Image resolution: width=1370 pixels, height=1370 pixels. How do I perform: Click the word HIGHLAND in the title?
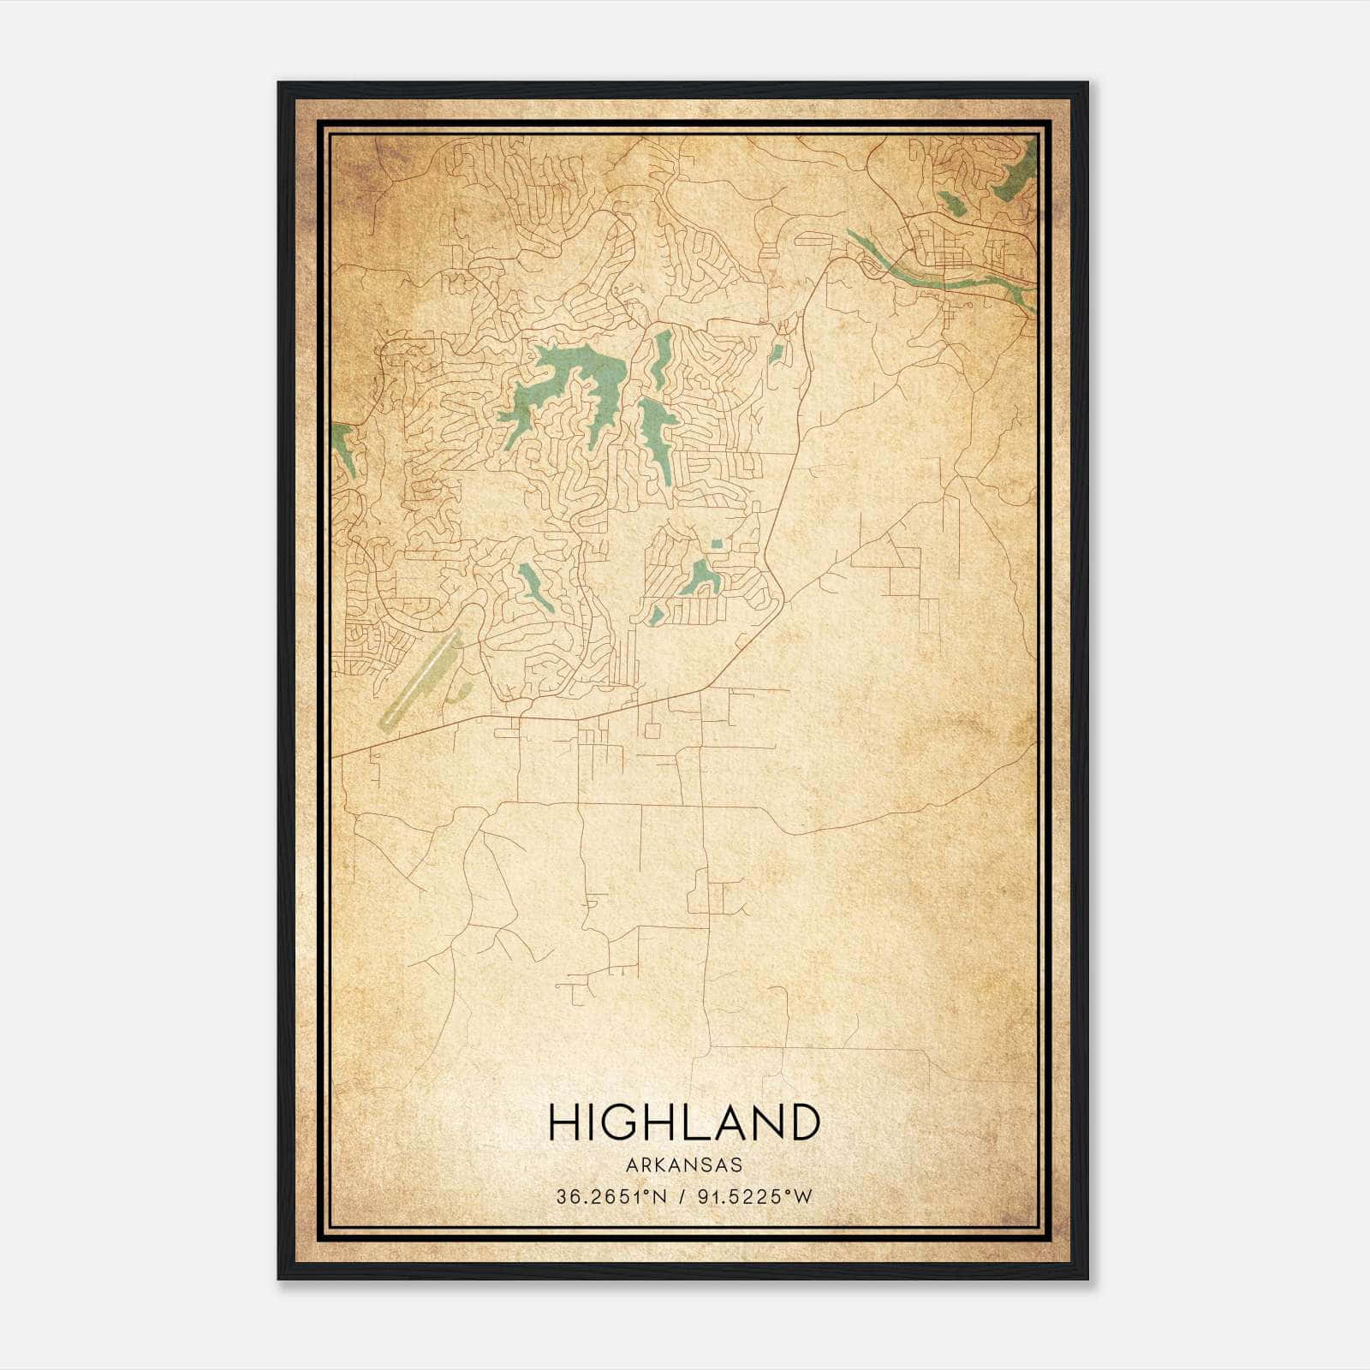tap(684, 1123)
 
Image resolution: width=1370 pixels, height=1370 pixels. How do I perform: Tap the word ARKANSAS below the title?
tap(684, 1165)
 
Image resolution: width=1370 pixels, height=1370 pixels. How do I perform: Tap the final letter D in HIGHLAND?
tap(804, 1123)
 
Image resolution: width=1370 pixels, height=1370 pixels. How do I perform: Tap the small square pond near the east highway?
tap(716, 543)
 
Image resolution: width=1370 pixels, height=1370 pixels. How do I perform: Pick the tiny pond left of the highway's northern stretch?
tap(777, 353)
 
